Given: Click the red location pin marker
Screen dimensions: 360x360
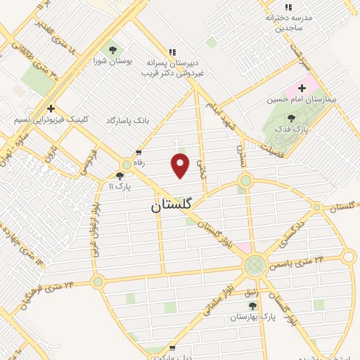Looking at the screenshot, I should tap(181, 165).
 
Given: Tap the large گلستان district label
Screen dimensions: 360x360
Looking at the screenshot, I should tap(172, 207).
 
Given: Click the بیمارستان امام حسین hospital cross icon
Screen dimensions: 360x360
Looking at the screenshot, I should tap(302, 89).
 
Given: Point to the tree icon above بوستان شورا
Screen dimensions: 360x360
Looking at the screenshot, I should tap(112, 50).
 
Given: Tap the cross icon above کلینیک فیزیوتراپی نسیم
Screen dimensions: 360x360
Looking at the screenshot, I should tap(51, 108).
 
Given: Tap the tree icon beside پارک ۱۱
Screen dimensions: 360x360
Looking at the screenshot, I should tap(120, 176).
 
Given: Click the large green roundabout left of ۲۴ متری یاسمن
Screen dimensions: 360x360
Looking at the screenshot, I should tap(255, 265).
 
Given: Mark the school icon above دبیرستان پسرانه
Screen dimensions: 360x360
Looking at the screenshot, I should tap(172, 51).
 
